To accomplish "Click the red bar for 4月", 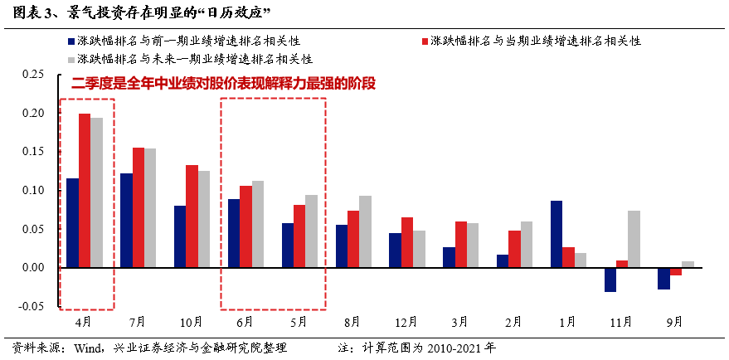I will (85, 191).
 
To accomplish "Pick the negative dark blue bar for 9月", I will (663, 278).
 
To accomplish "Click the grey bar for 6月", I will (257, 224).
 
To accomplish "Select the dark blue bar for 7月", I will (126, 221).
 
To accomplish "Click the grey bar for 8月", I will (365, 231).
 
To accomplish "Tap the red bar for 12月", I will (406, 242).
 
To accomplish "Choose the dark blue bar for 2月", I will (503, 260).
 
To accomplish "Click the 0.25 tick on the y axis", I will (32, 75).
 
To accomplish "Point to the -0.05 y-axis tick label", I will (31, 306).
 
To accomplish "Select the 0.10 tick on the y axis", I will (32, 190).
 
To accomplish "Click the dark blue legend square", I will (70, 41).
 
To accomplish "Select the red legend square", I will (425, 41).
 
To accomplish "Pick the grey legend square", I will (70, 59).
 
